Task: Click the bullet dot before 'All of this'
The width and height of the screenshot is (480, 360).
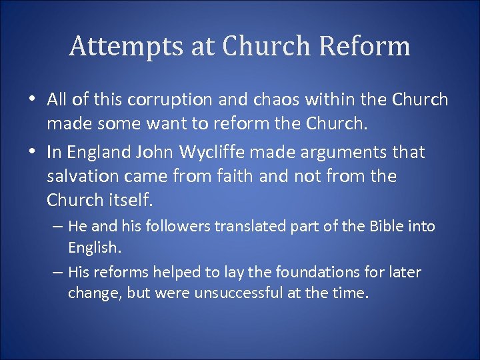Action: point(31,100)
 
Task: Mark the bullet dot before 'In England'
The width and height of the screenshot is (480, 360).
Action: point(31,152)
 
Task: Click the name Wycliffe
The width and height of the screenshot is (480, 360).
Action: point(207,152)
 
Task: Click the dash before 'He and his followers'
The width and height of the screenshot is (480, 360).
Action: point(58,227)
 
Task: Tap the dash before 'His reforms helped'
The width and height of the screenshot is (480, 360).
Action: point(58,272)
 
